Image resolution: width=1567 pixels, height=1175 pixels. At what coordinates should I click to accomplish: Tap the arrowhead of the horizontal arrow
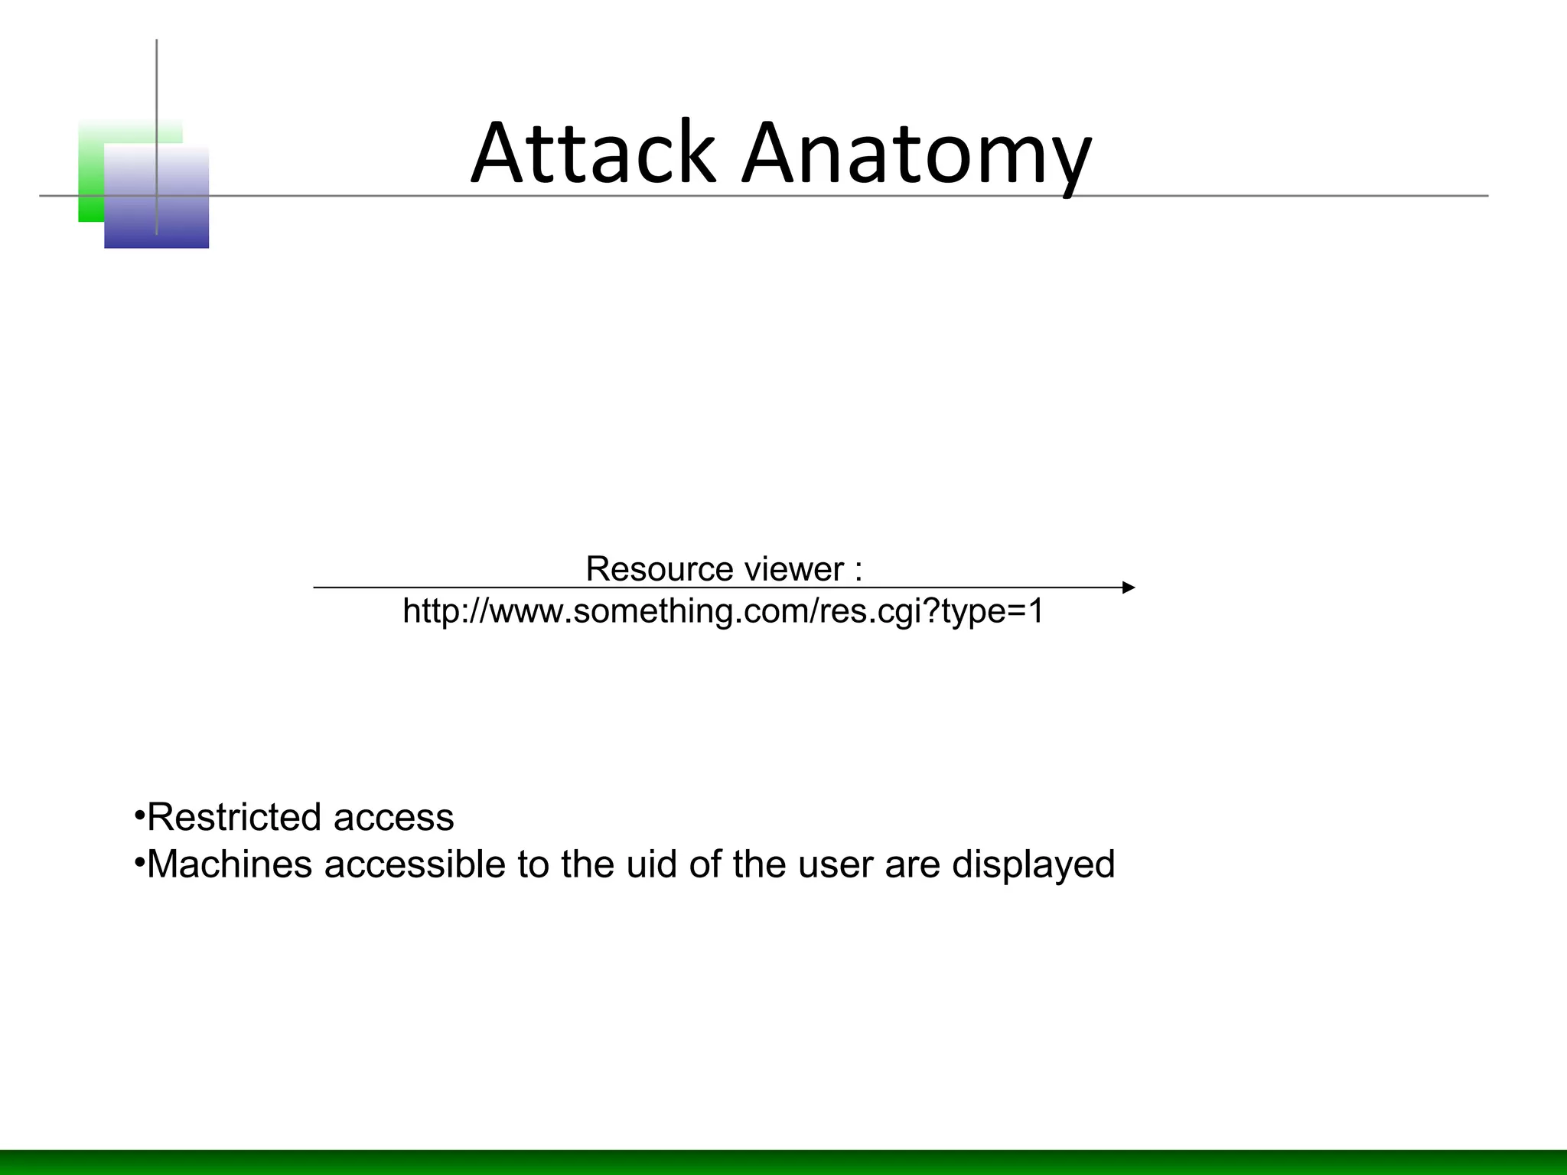[1129, 587]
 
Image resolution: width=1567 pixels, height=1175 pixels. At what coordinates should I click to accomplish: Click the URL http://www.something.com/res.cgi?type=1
[723, 611]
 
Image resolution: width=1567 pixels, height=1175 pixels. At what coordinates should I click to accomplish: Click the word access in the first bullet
[393, 817]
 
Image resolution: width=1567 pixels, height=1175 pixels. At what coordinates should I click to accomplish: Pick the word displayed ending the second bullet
[1033, 864]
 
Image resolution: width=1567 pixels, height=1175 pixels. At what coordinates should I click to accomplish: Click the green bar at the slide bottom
[783, 1162]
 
